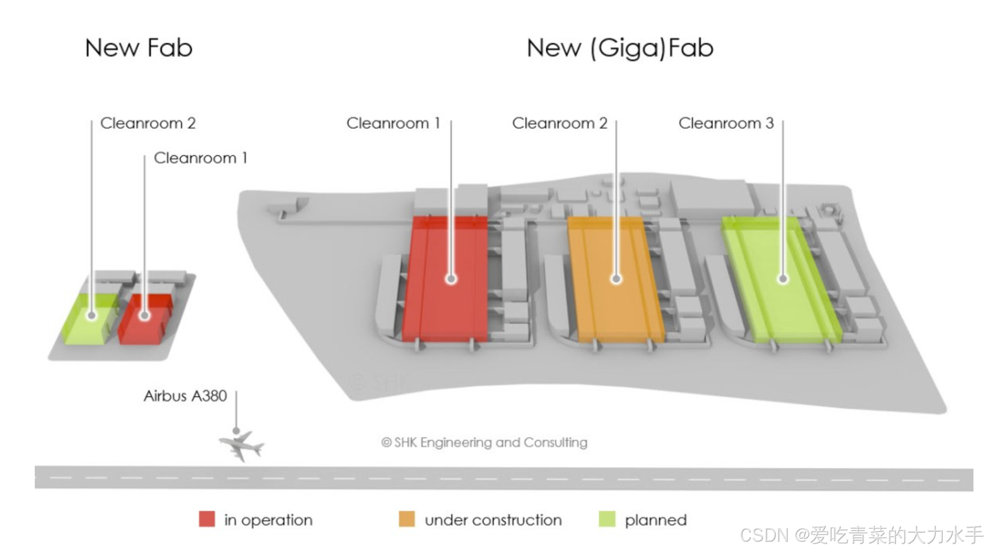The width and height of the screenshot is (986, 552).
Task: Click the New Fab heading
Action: pyautogui.click(x=138, y=48)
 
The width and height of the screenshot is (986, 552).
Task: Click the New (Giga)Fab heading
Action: pyautogui.click(x=620, y=48)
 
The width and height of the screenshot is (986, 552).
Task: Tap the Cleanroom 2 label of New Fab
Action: pyautogui.click(x=148, y=123)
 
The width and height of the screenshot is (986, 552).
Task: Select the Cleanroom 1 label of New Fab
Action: pyautogui.click(x=201, y=158)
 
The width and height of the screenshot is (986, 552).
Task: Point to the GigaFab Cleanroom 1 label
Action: pyautogui.click(x=393, y=123)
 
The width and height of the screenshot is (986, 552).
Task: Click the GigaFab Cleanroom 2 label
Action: pyautogui.click(x=560, y=123)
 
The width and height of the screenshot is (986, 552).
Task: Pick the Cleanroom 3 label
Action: pyautogui.click(x=726, y=123)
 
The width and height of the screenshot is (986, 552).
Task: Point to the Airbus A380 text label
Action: pyautogui.click(x=185, y=396)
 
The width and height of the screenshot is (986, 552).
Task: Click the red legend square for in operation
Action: pyautogui.click(x=207, y=519)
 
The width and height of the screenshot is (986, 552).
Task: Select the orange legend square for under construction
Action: pyautogui.click(x=407, y=519)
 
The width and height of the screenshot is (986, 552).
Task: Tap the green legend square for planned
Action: pyautogui.click(x=608, y=519)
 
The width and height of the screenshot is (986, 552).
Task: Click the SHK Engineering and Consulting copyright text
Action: pyautogui.click(x=484, y=443)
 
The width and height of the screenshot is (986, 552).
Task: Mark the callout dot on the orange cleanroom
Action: pyautogui.click(x=616, y=279)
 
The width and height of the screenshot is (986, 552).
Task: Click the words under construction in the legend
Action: pyautogui.click(x=493, y=520)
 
